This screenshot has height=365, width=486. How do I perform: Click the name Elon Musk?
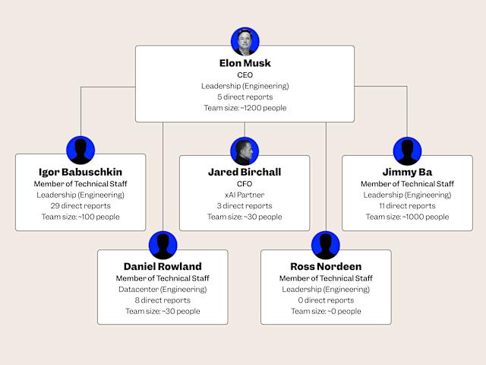pyautogui.click(x=245, y=63)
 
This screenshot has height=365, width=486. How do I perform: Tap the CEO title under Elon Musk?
pyautogui.click(x=245, y=75)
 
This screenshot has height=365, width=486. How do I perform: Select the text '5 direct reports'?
pyautogui.click(x=245, y=97)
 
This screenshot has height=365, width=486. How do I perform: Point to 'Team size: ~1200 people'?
pyautogui.click(x=245, y=108)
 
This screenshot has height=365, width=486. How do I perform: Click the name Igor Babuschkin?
pyautogui.click(x=80, y=172)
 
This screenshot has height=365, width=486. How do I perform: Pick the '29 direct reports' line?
pyautogui.click(x=80, y=206)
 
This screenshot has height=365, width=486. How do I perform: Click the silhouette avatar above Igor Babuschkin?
pyautogui.click(x=80, y=151)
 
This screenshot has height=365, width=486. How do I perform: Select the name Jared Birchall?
pyautogui.click(x=245, y=172)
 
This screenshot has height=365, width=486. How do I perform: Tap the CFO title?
pyautogui.click(x=245, y=184)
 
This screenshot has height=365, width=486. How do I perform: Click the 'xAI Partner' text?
pyautogui.click(x=245, y=195)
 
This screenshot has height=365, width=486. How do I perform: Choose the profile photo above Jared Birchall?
pyautogui.click(x=245, y=151)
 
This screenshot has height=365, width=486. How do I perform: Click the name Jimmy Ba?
pyautogui.click(x=407, y=172)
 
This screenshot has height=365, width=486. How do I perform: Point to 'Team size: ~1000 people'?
pyautogui.click(x=407, y=217)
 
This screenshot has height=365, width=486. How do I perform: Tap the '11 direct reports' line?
pyautogui.click(x=407, y=206)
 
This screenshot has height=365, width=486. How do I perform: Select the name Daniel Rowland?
pyautogui.click(x=163, y=266)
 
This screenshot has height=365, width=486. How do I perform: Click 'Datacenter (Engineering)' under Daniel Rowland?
pyautogui.click(x=163, y=289)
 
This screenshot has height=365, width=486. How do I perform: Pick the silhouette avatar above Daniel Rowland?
pyautogui.click(x=163, y=245)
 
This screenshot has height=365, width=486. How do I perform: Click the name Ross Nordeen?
pyautogui.click(x=326, y=266)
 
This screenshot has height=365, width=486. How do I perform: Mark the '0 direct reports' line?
pyautogui.click(x=326, y=300)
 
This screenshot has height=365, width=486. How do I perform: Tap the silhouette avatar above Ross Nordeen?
pyautogui.click(x=326, y=245)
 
